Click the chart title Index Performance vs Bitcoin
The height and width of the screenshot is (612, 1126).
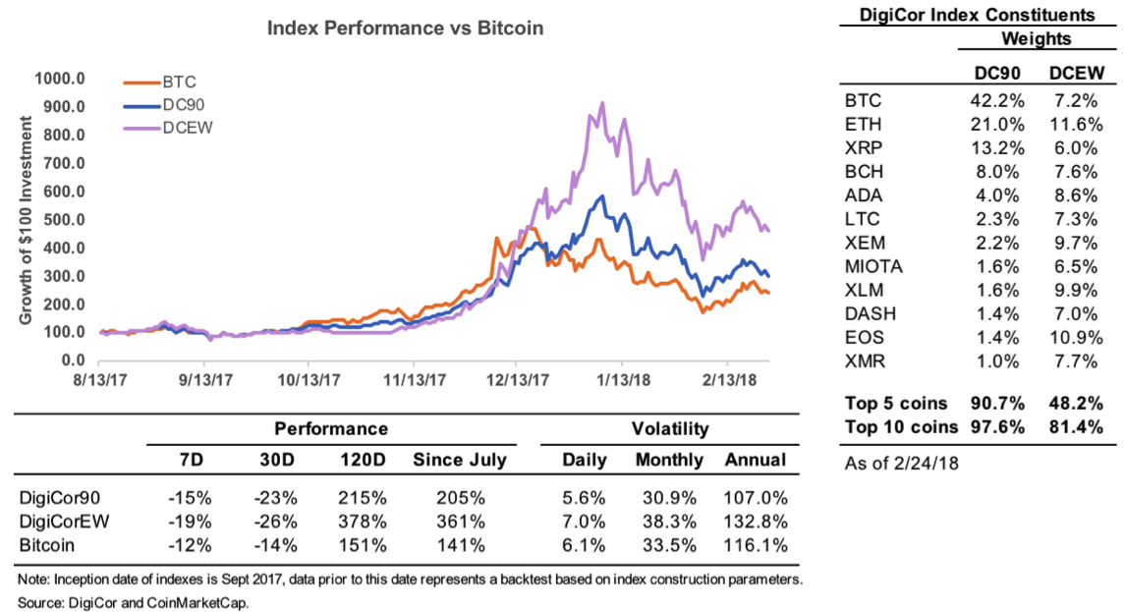[x=405, y=28]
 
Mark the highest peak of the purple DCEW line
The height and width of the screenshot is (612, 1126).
[x=602, y=103]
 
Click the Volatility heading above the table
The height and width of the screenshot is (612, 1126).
[x=670, y=429]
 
